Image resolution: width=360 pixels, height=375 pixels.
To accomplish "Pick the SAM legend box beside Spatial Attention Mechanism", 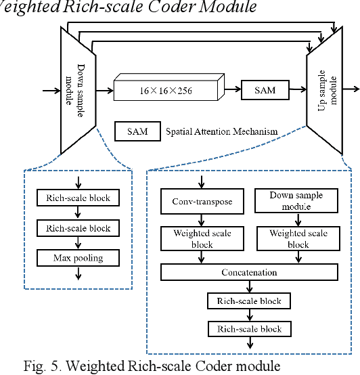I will tap(137, 130).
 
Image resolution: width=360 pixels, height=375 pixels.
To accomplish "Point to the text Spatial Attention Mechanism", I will tap(221, 131).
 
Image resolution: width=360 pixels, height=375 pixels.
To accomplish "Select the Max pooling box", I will tap(78, 258).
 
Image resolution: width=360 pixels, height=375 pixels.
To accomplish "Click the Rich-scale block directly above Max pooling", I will tap(78, 228).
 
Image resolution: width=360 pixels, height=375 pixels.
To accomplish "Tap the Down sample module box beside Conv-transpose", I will tap(296, 200).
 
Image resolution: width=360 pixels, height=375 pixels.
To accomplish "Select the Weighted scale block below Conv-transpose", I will tap(202, 238).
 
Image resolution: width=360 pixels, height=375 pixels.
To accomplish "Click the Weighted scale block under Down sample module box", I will tap(298, 238).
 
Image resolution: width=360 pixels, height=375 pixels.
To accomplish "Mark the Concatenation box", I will tap(249, 272).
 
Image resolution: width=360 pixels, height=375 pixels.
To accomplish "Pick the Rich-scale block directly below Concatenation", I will tap(249, 301).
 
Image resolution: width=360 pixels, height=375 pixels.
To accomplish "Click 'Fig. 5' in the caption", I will tap(40, 366).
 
